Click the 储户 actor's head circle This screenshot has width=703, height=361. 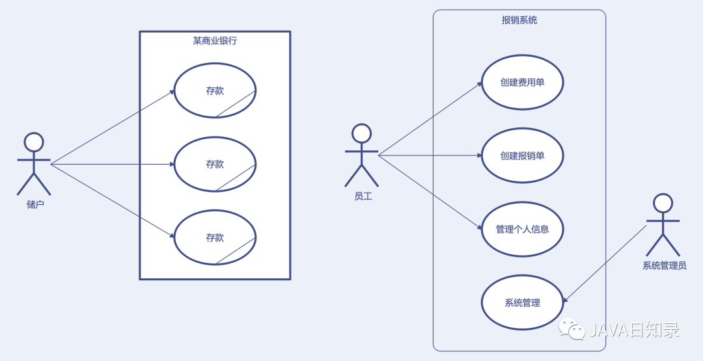[34, 142]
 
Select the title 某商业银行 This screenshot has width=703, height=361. [215, 41]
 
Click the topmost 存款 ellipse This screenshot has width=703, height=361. [215, 90]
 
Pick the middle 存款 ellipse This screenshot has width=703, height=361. [215, 164]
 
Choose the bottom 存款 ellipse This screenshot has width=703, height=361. [215, 237]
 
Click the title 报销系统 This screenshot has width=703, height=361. [519, 20]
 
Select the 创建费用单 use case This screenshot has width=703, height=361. [522, 83]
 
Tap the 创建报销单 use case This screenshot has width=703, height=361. [522, 155]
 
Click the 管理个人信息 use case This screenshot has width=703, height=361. [522, 229]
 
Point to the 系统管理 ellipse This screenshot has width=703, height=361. [522, 302]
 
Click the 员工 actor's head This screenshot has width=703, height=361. [361, 133]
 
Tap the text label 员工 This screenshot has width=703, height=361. [363, 196]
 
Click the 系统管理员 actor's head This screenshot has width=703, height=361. [663, 203]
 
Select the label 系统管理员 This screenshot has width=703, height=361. [664, 265]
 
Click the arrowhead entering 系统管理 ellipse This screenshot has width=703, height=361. [565, 300]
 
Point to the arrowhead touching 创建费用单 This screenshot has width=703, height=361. [480, 83]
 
